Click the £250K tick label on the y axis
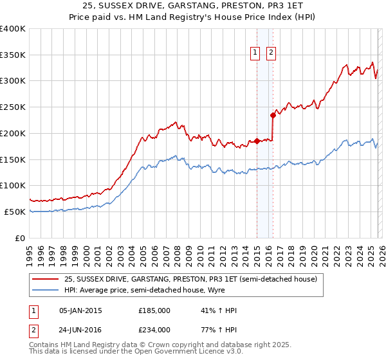(13, 107)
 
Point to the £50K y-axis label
(15, 212)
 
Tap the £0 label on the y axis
(20, 238)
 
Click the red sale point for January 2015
(257, 141)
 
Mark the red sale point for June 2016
(273, 116)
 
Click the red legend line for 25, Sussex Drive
(44, 280)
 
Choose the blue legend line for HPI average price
(44, 291)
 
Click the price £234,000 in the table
(154, 330)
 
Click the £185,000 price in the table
(154, 310)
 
